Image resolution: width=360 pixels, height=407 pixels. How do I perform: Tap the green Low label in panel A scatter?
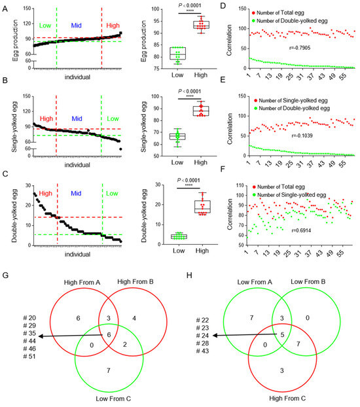(45, 25)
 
